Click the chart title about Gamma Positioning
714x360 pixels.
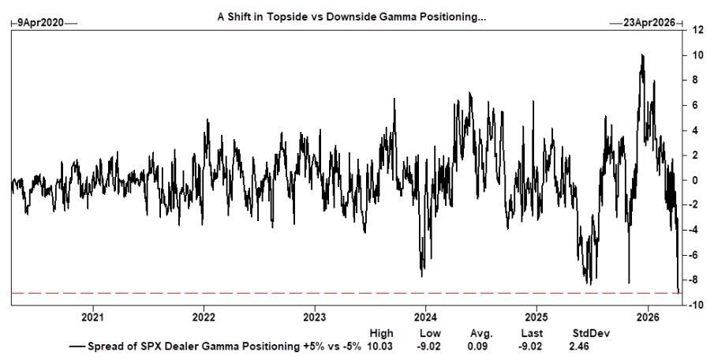352,17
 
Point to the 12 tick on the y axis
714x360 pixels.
697,30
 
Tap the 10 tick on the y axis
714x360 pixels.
697,55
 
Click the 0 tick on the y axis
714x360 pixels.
695,180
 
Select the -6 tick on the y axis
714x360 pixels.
697,255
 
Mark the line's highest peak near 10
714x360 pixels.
642,55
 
